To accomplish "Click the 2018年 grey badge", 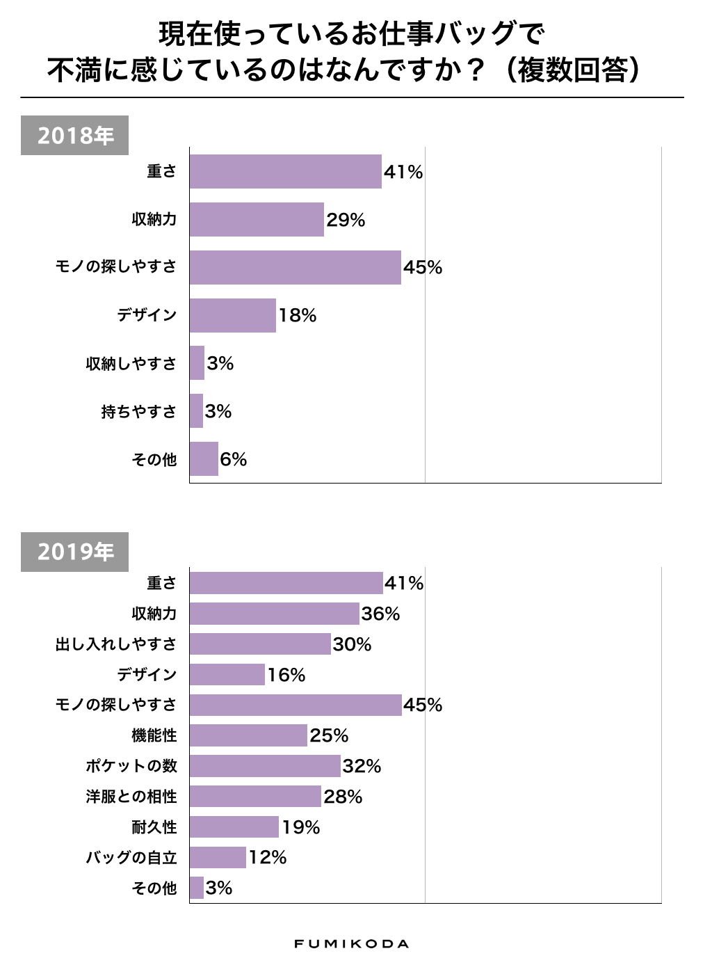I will click(74, 135).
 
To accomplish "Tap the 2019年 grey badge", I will click(74, 552).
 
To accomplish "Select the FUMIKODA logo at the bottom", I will click(351, 944).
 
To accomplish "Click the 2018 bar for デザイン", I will click(232, 315).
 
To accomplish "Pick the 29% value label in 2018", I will click(346, 220).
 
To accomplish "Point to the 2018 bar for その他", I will click(204, 459).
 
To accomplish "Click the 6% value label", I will click(234, 459).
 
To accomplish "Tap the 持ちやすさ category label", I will click(138, 412).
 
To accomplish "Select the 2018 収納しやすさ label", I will click(131, 364).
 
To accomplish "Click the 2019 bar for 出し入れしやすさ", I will click(260, 644).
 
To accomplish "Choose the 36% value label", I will click(380, 614).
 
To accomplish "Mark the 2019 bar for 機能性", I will click(248, 735).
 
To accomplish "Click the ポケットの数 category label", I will click(131, 766).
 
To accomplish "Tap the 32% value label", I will click(362, 766).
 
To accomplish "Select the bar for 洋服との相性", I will click(255, 797).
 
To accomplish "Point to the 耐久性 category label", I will click(154, 827).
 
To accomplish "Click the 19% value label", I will click(300, 827).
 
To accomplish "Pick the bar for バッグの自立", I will click(218, 858).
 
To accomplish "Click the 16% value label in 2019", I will click(286, 675).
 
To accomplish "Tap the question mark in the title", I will click(476, 70).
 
